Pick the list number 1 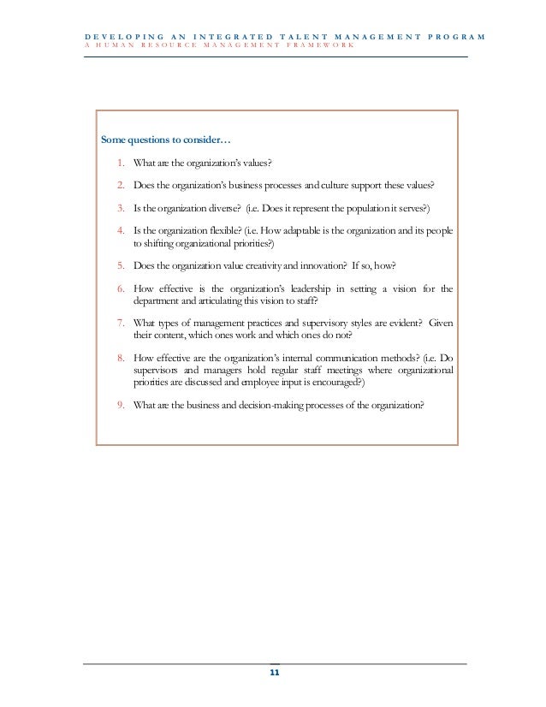click(122, 163)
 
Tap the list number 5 click(122, 265)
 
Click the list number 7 click(122, 323)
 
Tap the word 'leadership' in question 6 click(299, 288)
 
